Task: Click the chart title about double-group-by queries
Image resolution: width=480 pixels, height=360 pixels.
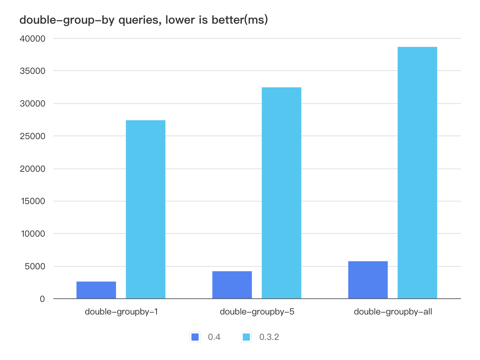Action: pyautogui.click(x=144, y=20)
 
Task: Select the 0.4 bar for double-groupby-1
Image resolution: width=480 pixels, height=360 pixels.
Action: pyautogui.click(x=96, y=290)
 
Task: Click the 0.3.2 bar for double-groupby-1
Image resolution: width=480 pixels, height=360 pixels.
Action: pyautogui.click(x=145, y=209)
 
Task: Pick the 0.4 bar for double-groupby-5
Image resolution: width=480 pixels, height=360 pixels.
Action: pyautogui.click(x=232, y=285)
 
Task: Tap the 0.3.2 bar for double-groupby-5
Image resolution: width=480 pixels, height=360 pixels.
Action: pyautogui.click(x=281, y=193)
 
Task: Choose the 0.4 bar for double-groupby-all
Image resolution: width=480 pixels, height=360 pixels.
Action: pyautogui.click(x=368, y=280)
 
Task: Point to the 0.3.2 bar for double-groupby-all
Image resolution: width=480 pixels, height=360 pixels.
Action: pyautogui.click(x=417, y=173)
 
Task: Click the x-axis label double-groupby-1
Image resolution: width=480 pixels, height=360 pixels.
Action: pyautogui.click(x=121, y=312)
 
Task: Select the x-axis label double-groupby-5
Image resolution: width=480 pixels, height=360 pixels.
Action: pyautogui.click(x=257, y=312)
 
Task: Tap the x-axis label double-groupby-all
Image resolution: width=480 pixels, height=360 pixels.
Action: pyautogui.click(x=393, y=312)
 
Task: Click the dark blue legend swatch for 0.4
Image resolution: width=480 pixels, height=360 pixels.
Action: pyautogui.click(x=195, y=337)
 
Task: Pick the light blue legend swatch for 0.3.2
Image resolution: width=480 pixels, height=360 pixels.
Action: pyautogui.click(x=246, y=337)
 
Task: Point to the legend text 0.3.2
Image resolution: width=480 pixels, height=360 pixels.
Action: pyautogui.click(x=269, y=337)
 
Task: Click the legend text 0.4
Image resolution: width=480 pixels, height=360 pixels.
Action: pyautogui.click(x=214, y=337)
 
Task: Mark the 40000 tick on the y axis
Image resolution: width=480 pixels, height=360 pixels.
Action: pyautogui.click(x=33, y=39)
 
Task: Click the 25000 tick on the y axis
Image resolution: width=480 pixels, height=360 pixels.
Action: pyautogui.click(x=33, y=136)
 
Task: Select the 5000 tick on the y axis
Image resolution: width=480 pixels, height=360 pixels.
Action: pyautogui.click(x=35, y=266)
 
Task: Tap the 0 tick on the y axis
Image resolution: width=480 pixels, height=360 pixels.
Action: pyautogui.click(x=42, y=299)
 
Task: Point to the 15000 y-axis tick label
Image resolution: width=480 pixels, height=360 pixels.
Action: pyautogui.click(x=33, y=201)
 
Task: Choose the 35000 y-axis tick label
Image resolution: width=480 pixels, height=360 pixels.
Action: pyautogui.click(x=33, y=71)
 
